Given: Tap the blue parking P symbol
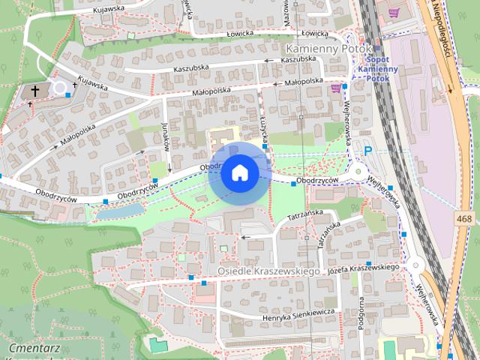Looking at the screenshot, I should coord(368,151).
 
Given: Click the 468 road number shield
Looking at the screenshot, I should coord(465,218).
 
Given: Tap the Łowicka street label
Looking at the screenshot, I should coord(310,33).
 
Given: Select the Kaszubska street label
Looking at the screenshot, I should coord(299,58).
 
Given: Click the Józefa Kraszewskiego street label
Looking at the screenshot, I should coord(362,268).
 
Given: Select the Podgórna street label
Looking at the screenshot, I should coord(361,307).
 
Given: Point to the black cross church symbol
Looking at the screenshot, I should coord(34,90).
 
